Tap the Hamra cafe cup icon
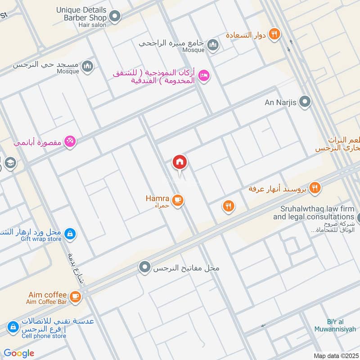(178, 200)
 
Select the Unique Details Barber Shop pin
(115, 17)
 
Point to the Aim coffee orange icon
(75, 296)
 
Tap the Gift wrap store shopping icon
(70, 234)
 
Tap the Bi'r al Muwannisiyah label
(342, 325)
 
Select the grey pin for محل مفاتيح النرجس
(144, 268)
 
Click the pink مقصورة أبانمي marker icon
(70, 142)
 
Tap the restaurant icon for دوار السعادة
(274, 34)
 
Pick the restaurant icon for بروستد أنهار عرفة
(315, 188)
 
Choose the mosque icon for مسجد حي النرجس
(87, 66)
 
